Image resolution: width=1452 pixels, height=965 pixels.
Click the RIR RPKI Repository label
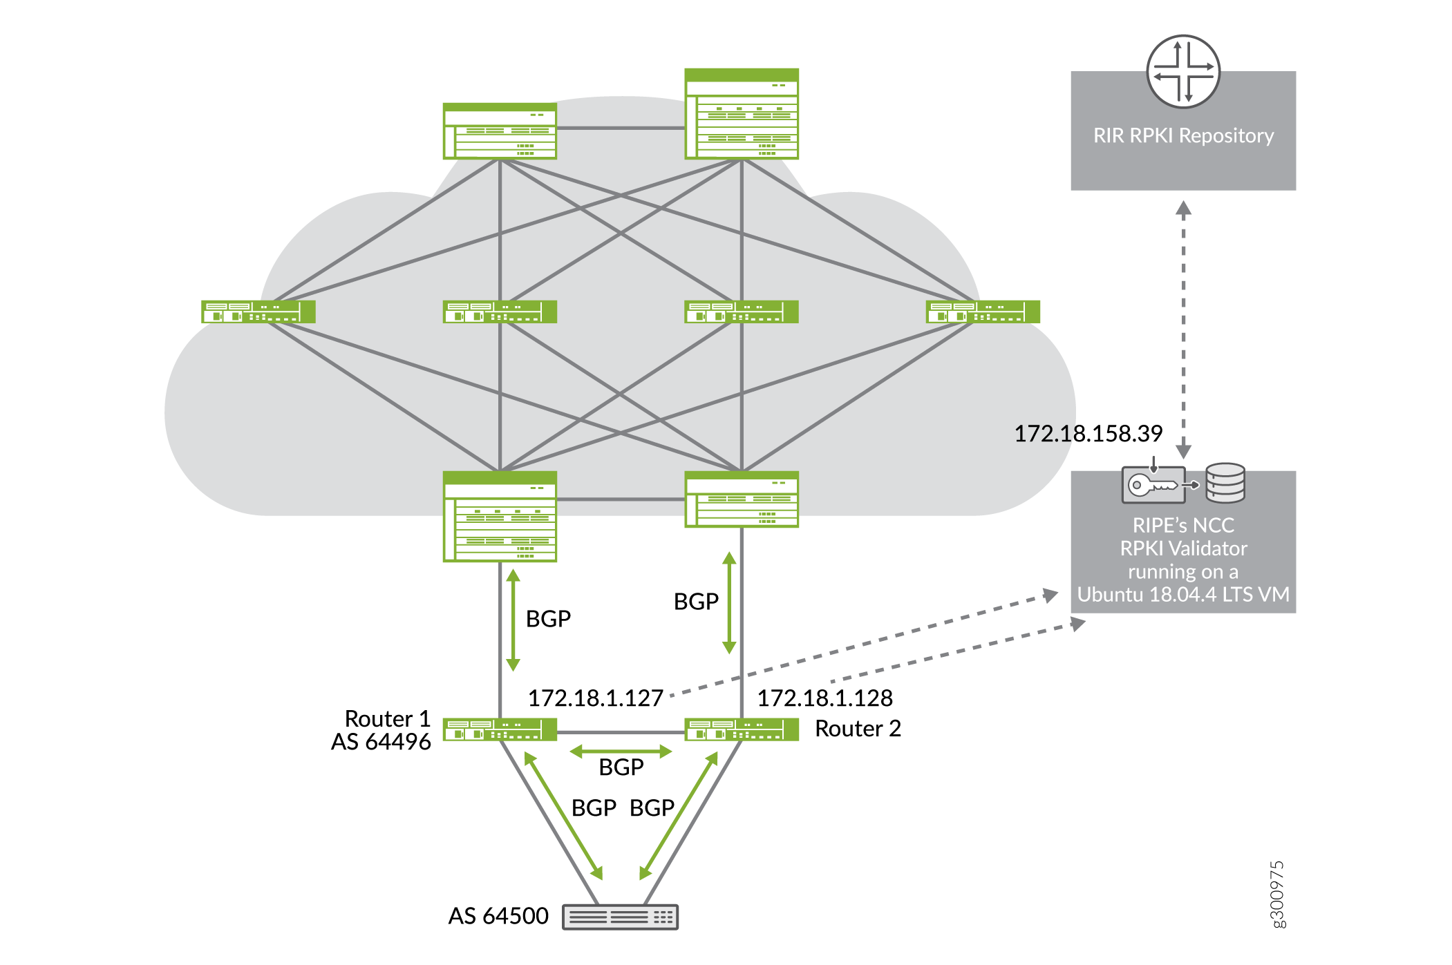coord(1183,135)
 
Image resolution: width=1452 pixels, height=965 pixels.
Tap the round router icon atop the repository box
coord(1183,72)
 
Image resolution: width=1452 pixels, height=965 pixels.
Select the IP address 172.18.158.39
coord(1088,433)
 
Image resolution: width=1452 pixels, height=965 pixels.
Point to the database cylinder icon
coord(1225,483)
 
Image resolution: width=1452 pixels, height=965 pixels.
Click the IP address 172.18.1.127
coord(596,698)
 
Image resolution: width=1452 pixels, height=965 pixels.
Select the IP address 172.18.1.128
coord(825,698)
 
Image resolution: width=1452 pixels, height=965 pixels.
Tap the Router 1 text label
coord(387,718)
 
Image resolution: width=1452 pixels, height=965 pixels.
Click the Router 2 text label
coord(858,728)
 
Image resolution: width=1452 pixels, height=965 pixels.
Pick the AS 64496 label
coord(381,741)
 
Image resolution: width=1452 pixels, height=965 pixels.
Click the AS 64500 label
coord(498,915)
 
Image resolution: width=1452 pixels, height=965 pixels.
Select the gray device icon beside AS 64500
coord(620,917)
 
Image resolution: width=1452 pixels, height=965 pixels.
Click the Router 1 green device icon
coord(500,729)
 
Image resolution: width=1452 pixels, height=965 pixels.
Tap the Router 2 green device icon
coord(742,729)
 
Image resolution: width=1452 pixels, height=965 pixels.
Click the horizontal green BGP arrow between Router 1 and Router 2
coord(621,751)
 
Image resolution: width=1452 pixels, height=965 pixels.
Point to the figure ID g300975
coord(1278,895)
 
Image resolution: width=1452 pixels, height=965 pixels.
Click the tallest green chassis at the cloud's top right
coord(742,114)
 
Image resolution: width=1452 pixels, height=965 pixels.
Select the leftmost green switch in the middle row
coord(258,312)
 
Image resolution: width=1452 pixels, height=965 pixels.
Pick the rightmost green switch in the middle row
coord(983,312)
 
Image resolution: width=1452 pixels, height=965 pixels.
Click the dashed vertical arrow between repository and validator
coord(1183,329)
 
